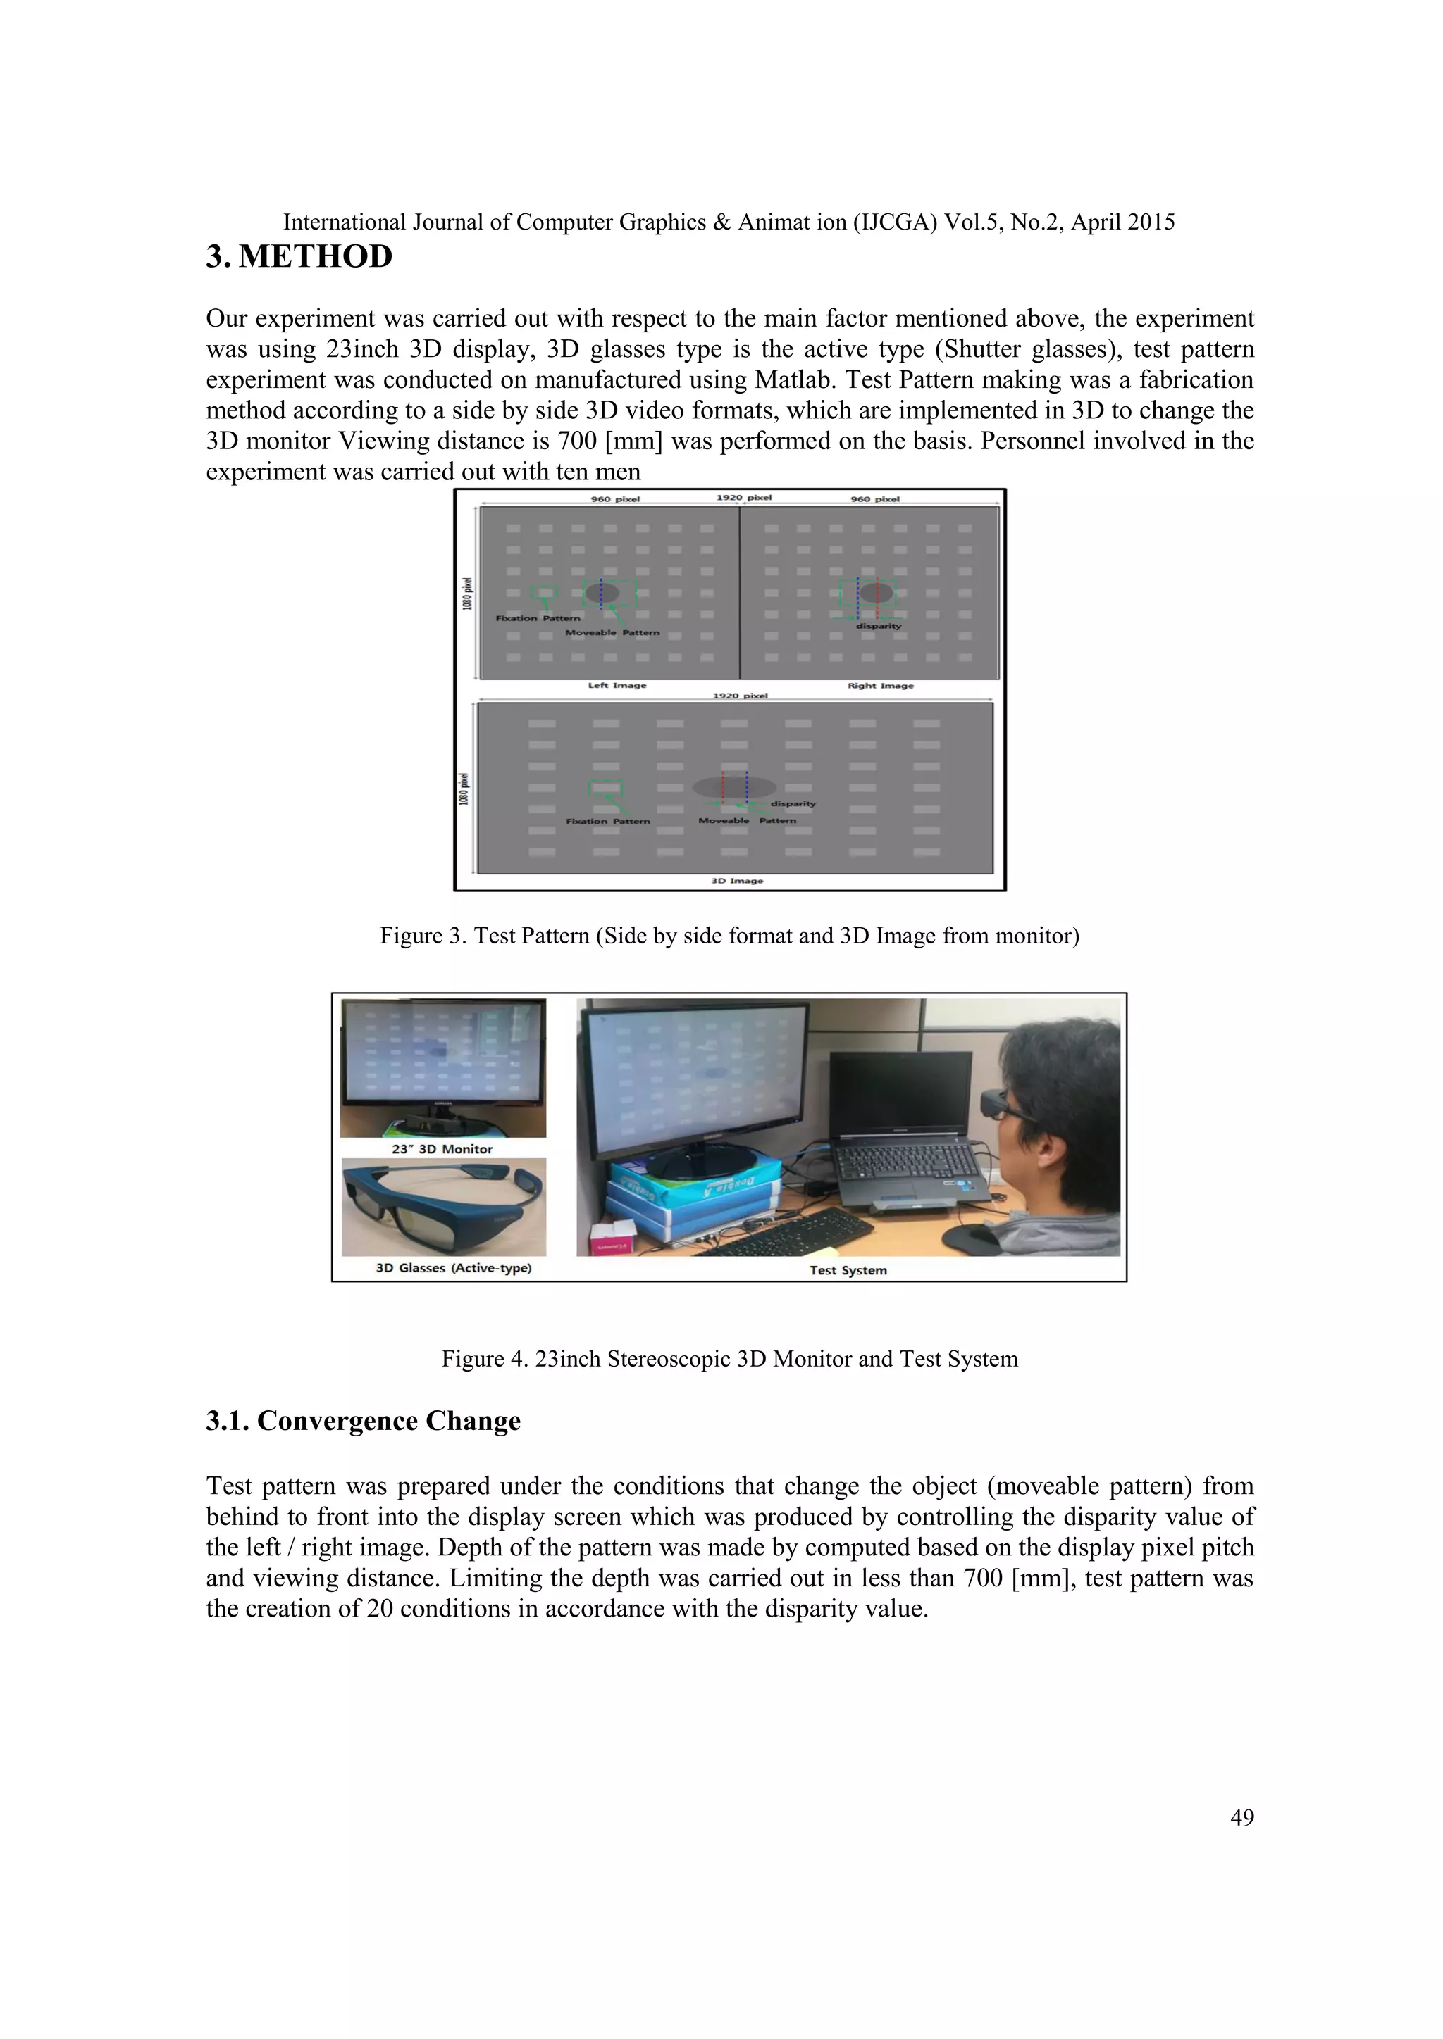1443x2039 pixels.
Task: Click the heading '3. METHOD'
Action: pyautogui.click(x=299, y=257)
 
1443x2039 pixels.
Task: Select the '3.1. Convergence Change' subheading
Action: pyautogui.click(x=363, y=1421)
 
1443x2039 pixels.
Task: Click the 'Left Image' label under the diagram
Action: pyautogui.click(x=617, y=686)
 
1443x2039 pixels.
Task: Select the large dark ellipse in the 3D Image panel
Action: pyautogui.click(x=734, y=787)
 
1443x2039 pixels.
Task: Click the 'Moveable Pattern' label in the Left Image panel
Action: pyautogui.click(x=612, y=633)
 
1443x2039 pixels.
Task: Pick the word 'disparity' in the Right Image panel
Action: pyautogui.click(x=878, y=626)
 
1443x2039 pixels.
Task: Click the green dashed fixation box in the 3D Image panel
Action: pyautogui.click(x=605, y=789)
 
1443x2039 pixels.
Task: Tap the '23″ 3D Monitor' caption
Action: pyautogui.click(x=442, y=1149)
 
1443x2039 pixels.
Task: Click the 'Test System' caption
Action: pyautogui.click(x=848, y=1270)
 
